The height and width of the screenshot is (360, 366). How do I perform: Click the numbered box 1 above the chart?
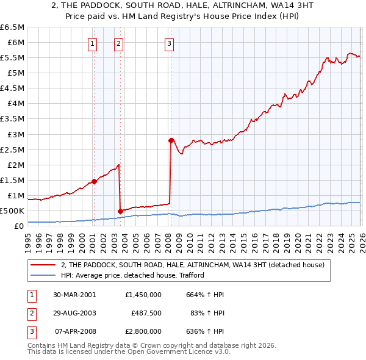point(92,43)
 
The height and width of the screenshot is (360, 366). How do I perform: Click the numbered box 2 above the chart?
point(118,43)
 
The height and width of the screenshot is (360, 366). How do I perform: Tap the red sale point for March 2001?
point(94,181)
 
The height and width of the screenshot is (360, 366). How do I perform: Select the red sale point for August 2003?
point(120,211)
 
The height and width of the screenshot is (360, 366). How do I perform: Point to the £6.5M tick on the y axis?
point(12,27)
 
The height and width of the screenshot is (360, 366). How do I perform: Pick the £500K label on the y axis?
point(12,211)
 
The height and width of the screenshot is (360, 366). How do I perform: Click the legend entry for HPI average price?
point(132,275)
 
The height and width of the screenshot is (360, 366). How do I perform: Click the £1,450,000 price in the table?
point(142,294)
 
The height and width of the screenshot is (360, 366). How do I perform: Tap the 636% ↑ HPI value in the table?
point(204,332)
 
